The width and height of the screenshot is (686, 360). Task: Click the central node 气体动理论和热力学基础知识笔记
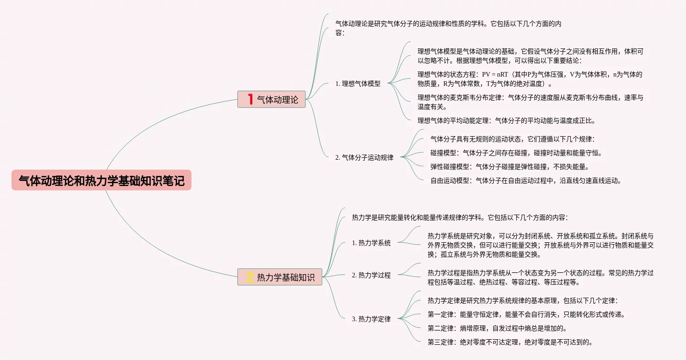click(x=101, y=180)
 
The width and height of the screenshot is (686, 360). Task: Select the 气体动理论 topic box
click(x=272, y=99)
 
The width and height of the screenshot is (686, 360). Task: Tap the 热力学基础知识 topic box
click(x=280, y=277)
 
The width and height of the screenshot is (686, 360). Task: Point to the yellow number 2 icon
click(x=250, y=277)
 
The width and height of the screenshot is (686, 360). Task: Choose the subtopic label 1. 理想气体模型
click(x=358, y=84)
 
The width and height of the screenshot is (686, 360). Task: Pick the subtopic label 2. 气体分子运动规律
click(x=364, y=157)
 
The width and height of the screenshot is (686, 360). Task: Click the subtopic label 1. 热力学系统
click(x=371, y=243)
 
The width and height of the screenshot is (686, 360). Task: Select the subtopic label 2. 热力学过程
click(x=371, y=275)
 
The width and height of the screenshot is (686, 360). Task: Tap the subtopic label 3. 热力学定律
click(x=371, y=319)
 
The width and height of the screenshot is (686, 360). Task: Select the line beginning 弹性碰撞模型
click(x=509, y=167)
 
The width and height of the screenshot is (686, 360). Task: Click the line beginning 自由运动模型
click(x=525, y=180)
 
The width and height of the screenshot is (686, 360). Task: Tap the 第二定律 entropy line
click(x=496, y=328)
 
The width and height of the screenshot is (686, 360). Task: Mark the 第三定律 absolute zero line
click(x=509, y=342)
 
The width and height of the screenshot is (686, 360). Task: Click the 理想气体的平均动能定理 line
click(x=506, y=121)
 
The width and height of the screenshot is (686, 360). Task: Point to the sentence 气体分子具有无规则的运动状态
click(x=512, y=139)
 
